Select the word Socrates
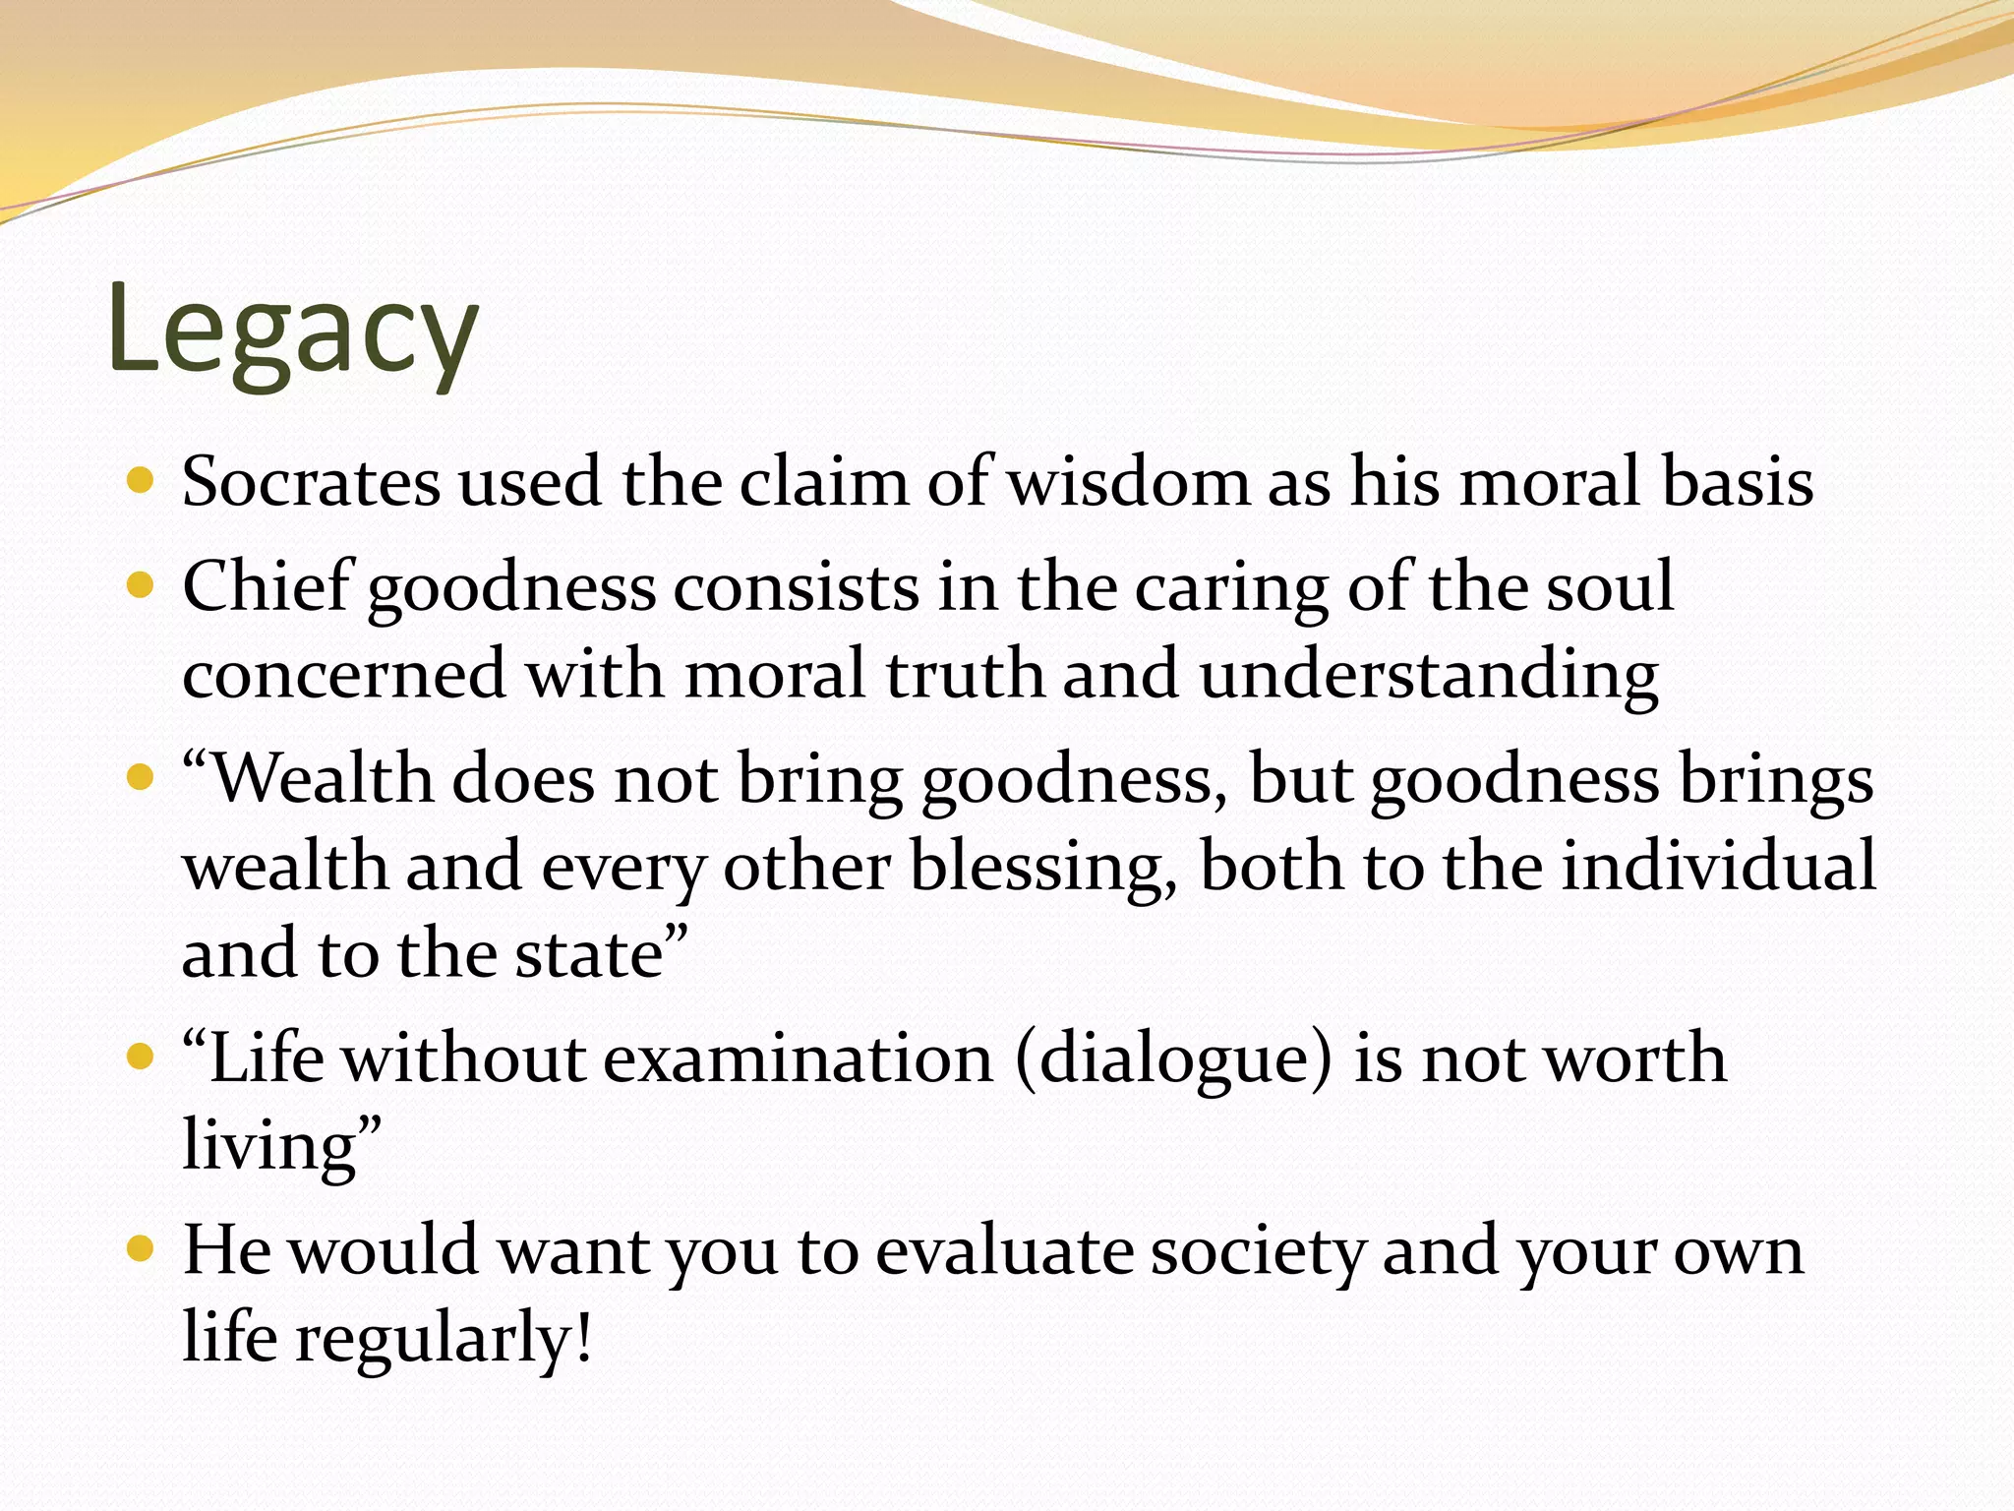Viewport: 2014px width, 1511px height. point(311,483)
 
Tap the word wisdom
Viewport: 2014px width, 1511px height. point(1131,483)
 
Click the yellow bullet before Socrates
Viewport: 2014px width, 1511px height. point(142,481)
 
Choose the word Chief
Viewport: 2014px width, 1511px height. point(267,587)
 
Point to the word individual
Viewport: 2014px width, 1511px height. point(1718,867)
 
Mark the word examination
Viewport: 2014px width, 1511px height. point(798,1059)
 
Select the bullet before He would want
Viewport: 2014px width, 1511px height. point(142,1249)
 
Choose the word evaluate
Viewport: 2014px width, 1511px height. point(1002,1251)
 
